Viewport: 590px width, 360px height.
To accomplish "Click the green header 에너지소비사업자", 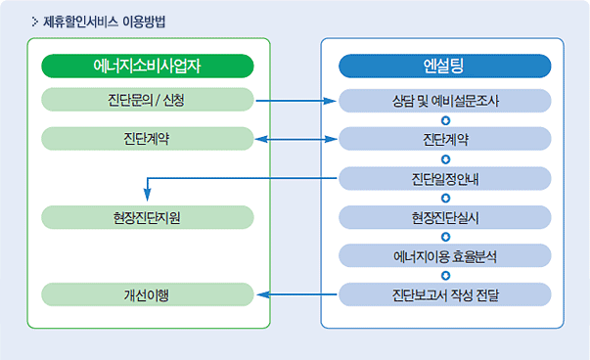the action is [148, 66].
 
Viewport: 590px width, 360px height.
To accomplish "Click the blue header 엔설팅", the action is [445, 66].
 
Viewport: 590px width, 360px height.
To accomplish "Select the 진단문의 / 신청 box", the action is [148, 100].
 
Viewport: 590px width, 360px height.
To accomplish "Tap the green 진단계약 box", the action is [148, 139].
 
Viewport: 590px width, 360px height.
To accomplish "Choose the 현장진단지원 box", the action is [148, 217].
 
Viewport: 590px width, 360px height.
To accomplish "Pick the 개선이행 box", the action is [148, 294].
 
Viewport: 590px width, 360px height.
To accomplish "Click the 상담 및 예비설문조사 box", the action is [445, 101].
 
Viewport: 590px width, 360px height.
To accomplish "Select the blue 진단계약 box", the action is [445, 139].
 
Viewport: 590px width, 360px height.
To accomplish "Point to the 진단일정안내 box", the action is [445, 178].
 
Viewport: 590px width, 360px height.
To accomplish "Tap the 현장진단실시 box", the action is [445, 217].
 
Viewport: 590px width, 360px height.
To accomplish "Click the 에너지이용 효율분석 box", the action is [445, 255].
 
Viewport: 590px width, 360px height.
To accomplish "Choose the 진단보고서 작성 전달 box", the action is [445, 294].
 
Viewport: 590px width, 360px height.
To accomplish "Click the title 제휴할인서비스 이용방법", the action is [105, 22].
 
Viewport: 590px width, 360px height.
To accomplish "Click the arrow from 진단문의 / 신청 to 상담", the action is [295, 101].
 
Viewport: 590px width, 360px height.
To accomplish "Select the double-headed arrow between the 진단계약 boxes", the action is [295, 139].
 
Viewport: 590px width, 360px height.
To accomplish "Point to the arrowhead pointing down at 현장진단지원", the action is [148, 195].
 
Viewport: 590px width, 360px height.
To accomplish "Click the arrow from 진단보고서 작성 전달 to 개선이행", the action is [296, 294].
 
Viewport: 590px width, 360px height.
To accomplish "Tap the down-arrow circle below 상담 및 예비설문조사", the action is [445, 120].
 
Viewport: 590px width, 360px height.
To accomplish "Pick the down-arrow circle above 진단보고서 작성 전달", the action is [445, 276].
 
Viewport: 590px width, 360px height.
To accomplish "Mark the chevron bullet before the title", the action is [35, 22].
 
